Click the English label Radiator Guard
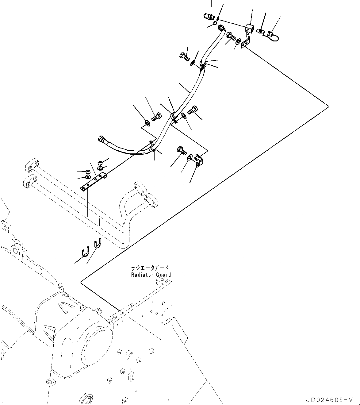pyautogui.click(x=151, y=275)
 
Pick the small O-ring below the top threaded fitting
pyautogui.click(x=215, y=23)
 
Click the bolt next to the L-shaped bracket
pyautogui.click(x=181, y=151)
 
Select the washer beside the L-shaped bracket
pyautogui.click(x=190, y=157)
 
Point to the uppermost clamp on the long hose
pyautogui.click(x=203, y=64)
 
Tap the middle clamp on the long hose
pyautogui.click(x=174, y=116)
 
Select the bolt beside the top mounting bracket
pyautogui.click(x=230, y=37)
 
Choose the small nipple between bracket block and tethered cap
pyautogui.click(x=261, y=31)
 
